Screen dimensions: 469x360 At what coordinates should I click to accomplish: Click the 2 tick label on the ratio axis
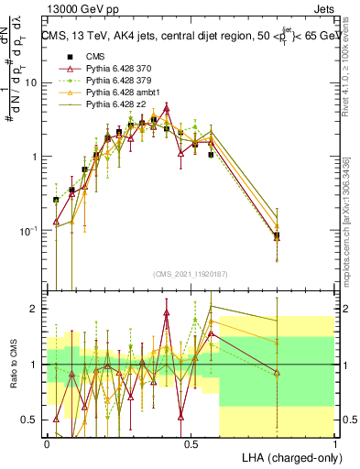pyautogui.click(x=36, y=309)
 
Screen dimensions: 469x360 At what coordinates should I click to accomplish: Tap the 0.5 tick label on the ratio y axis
pyautogui.click(x=29, y=420)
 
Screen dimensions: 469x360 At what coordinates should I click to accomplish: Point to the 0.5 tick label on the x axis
pyautogui.click(x=191, y=443)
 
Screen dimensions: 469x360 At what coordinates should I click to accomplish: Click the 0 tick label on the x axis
pyautogui.click(x=47, y=443)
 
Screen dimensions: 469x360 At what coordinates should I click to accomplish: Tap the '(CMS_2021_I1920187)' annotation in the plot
pyautogui.click(x=191, y=273)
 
